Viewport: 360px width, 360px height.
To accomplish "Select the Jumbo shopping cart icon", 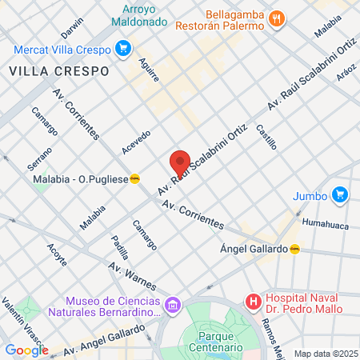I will point(339,194).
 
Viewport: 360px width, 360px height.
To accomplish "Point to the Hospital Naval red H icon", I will point(254,302).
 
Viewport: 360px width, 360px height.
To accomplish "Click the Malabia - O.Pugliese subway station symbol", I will point(135,179).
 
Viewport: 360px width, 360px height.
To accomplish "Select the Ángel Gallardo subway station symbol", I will point(295,249).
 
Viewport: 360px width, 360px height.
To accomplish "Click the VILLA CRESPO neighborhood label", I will point(59,70).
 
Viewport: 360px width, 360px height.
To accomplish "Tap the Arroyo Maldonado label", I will point(144,16).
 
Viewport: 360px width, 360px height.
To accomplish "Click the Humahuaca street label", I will point(326,225).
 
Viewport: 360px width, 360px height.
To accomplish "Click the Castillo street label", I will point(266,137).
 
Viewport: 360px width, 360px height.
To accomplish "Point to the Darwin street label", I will point(71,29).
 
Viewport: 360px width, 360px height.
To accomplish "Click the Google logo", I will point(26,350).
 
